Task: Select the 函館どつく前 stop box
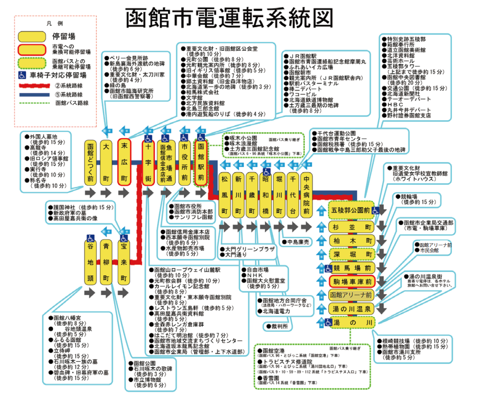point(91,162)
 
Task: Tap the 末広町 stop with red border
point(125,162)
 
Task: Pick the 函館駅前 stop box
point(201,162)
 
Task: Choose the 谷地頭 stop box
point(91,262)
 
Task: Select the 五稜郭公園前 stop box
point(350,210)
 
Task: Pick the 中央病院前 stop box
point(307,195)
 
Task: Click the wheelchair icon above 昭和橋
point(266,172)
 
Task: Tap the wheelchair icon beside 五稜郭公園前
point(376,210)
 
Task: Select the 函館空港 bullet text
point(274,350)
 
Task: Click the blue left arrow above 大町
point(107,131)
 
